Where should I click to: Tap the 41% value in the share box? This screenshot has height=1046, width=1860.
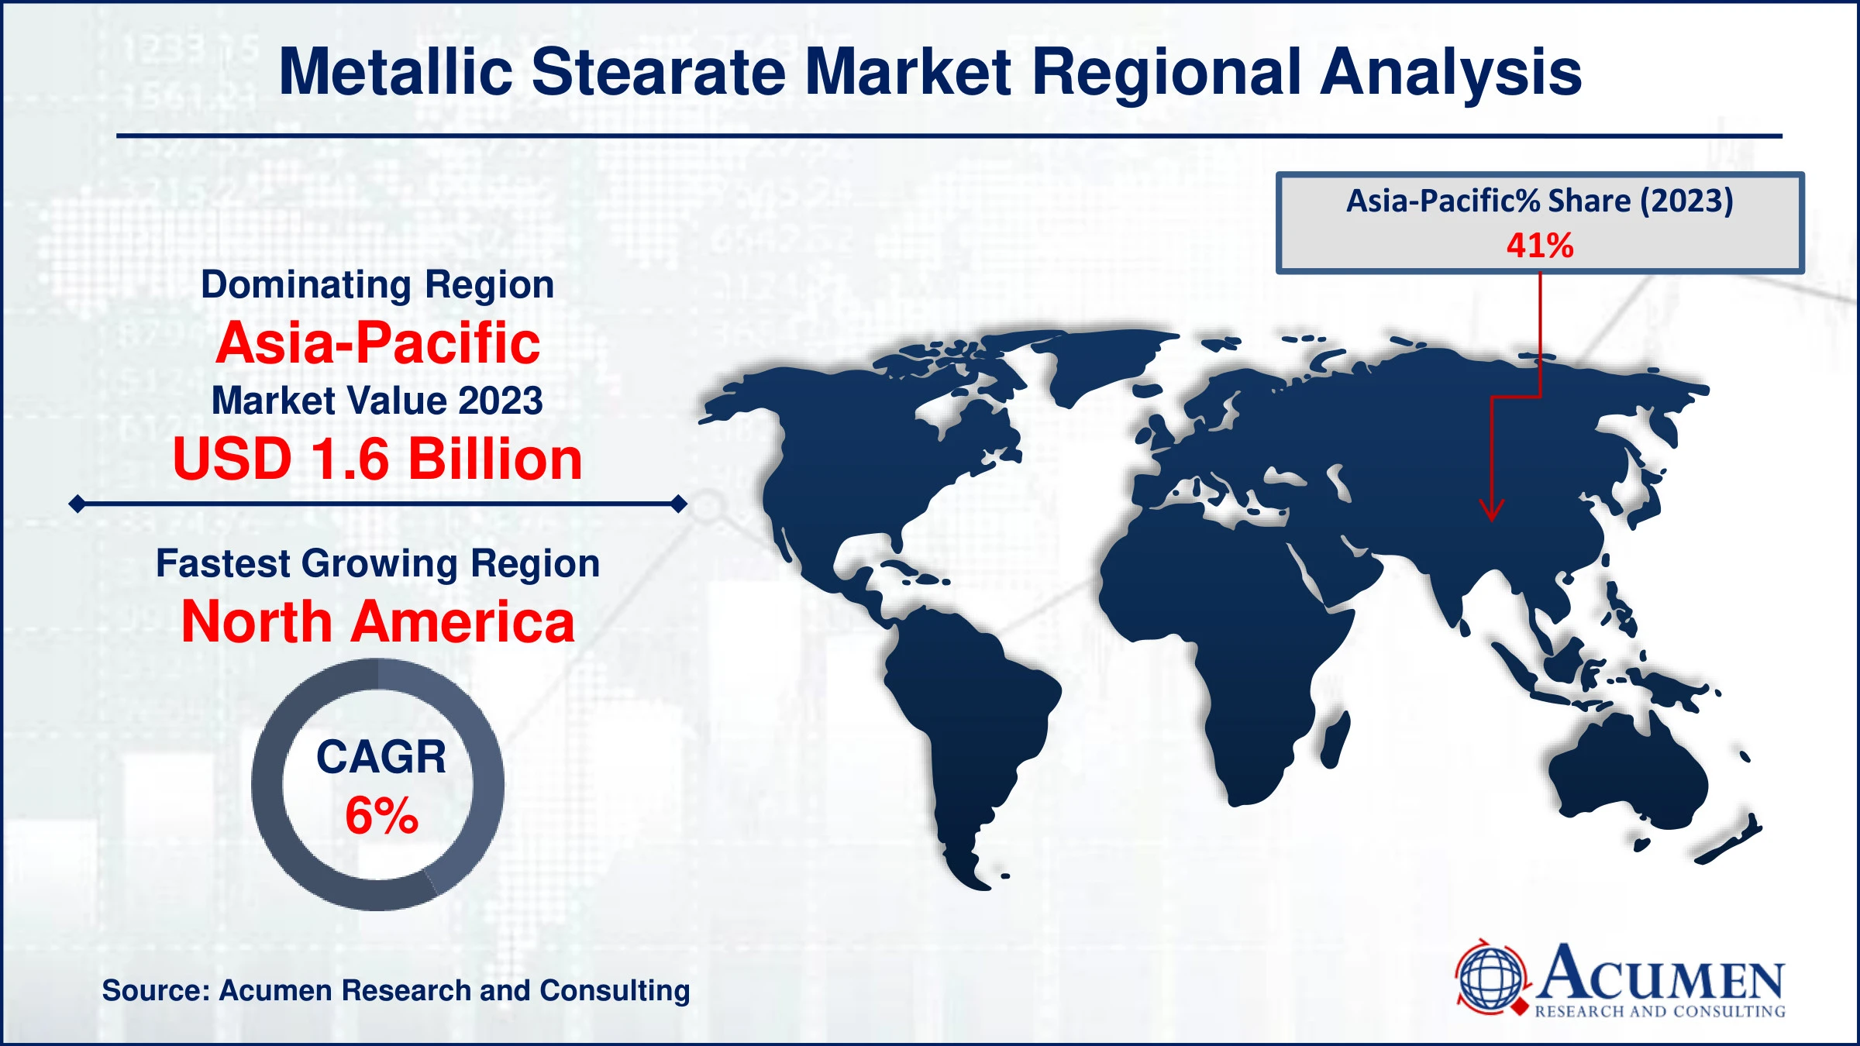click(1539, 246)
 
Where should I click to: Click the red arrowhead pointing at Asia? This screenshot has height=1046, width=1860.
click(1491, 511)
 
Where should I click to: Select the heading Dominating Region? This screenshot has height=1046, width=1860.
click(377, 284)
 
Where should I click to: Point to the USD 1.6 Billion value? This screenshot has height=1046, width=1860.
click(377, 459)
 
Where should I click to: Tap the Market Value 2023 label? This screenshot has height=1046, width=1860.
click(377, 401)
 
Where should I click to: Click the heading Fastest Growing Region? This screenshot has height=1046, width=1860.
click(377, 563)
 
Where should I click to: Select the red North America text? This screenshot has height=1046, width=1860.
click(377, 622)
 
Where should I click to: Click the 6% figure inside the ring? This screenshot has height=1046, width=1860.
click(381, 816)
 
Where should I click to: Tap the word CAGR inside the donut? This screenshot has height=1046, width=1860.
click(381, 757)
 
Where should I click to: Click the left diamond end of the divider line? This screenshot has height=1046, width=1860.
click(77, 504)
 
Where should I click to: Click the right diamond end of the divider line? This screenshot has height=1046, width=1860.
click(679, 504)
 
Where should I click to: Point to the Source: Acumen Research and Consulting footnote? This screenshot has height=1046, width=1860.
click(395, 990)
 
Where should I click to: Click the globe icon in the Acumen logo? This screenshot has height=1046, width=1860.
click(1490, 978)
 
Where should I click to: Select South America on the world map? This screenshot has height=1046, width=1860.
click(969, 713)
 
